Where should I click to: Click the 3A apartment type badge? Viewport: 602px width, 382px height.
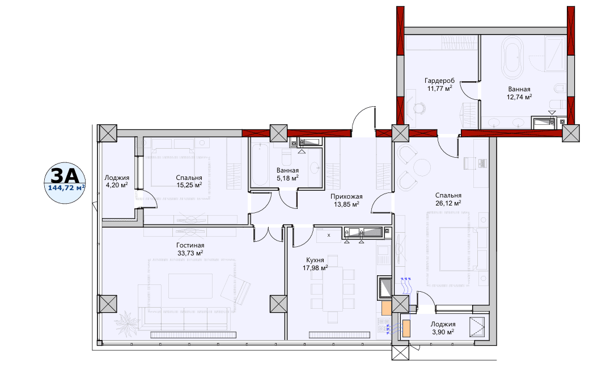[65, 183]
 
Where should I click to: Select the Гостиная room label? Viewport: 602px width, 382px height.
[190, 245]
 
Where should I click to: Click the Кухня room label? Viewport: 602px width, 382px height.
[315, 260]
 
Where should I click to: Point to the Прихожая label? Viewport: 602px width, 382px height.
[346, 196]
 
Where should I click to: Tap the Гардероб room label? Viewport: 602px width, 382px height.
[440, 81]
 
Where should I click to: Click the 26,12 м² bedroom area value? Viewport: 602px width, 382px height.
[448, 203]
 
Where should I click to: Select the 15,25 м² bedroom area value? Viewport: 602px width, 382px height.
[189, 185]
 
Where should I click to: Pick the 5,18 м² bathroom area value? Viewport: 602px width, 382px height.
[287, 178]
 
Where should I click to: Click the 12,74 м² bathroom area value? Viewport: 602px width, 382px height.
[519, 97]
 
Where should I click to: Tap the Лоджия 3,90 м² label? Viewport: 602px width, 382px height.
[443, 328]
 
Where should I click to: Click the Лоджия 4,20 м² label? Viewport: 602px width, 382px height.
[117, 182]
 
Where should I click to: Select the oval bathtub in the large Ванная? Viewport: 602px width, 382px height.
[512, 58]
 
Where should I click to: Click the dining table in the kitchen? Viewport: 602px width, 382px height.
[333, 284]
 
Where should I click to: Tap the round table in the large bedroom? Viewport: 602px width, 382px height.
[422, 167]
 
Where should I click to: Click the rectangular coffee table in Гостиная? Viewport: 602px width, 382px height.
[190, 286]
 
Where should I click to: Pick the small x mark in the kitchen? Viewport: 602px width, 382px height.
[329, 235]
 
